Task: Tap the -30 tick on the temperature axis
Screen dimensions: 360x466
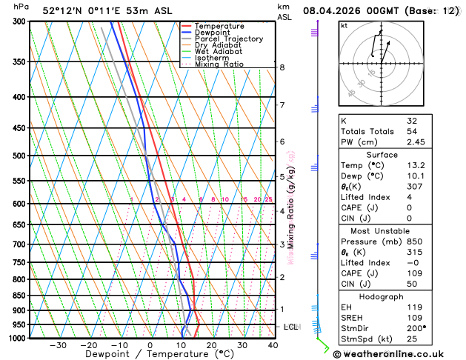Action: point(58,345)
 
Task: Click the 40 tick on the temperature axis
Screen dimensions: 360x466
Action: point(273,345)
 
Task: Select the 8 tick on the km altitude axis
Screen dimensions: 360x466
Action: point(282,67)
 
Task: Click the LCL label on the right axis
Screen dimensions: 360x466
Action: point(291,327)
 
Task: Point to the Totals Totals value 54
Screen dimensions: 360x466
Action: point(412,131)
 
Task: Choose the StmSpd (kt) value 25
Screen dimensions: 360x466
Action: point(412,339)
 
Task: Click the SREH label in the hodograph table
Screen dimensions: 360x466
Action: point(352,316)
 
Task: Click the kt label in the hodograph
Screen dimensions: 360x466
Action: point(344,26)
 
